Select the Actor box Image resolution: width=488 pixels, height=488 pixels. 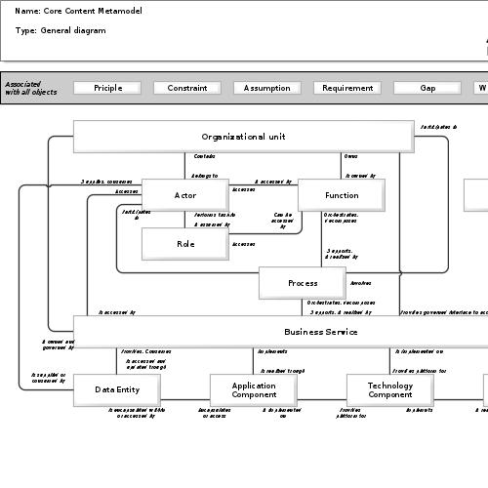pos(184,195)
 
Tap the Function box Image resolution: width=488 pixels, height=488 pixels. pos(341,195)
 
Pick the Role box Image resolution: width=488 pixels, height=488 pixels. pos(184,244)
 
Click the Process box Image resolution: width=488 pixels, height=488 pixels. pos(302,283)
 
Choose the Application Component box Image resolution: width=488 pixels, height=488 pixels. pos(253,389)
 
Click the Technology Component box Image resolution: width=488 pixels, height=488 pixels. pos(389,389)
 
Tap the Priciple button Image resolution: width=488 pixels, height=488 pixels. pos(107,88)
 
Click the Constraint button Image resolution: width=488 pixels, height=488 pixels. pos(186,88)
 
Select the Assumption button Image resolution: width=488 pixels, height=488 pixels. pos(266,88)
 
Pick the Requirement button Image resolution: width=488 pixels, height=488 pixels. pos(346,88)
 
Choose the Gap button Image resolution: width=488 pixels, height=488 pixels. pos(427,88)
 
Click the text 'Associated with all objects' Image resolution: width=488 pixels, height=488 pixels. pos(30,88)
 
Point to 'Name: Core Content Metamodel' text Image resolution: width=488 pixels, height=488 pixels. pos(78,11)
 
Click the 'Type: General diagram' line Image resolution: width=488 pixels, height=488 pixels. pos(61,30)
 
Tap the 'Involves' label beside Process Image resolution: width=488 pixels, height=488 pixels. pos(360,283)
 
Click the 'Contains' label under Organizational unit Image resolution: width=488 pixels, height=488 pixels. pos(205,156)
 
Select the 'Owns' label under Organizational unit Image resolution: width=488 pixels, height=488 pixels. pos(350,156)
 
